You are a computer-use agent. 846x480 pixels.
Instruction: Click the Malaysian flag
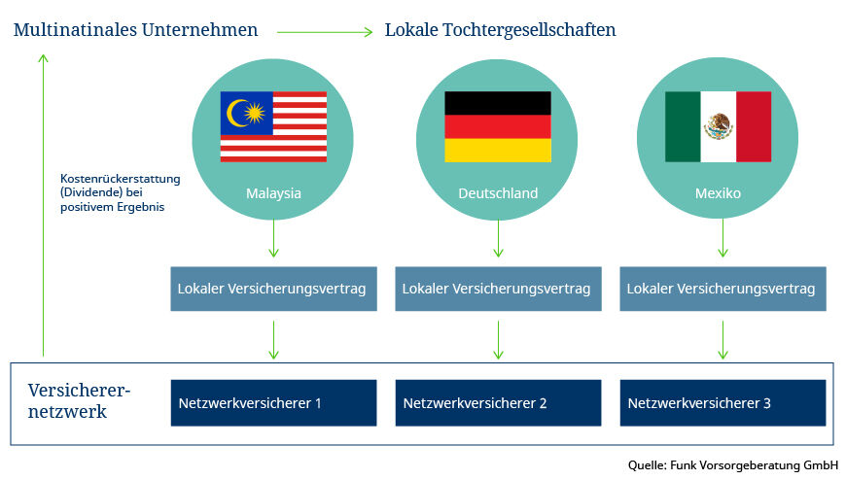click(x=273, y=126)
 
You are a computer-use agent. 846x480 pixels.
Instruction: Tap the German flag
click(x=498, y=126)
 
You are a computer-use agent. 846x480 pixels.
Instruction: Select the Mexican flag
click(x=719, y=126)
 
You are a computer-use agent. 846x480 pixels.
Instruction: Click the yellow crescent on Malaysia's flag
click(x=235, y=114)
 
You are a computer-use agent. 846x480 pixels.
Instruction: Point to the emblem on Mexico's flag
click(x=719, y=126)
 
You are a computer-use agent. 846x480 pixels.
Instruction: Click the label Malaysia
click(x=273, y=193)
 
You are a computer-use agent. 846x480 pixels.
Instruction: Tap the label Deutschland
click(x=498, y=193)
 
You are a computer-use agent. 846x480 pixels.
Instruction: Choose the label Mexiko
click(x=719, y=193)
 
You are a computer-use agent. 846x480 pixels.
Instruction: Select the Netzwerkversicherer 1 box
click(x=273, y=403)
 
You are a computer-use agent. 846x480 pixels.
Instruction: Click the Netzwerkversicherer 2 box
click(x=498, y=403)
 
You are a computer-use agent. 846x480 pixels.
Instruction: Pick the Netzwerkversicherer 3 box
click(x=723, y=403)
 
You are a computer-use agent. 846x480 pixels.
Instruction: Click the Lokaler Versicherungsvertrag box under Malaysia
click(x=273, y=289)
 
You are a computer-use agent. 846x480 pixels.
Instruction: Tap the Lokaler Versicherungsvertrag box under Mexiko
click(x=723, y=289)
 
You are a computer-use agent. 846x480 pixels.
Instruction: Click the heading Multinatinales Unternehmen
click(x=135, y=30)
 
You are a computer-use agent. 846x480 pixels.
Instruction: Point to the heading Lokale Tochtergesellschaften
click(x=500, y=30)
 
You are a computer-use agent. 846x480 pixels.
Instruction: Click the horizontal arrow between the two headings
click(x=325, y=32)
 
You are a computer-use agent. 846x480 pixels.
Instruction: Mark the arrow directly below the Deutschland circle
click(x=498, y=238)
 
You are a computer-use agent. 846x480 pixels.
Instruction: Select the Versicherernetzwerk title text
click(x=79, y=400)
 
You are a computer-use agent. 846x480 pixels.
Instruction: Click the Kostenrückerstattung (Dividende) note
click(x=121, y=192)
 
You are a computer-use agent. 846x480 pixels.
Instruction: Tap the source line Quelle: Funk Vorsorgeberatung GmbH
click(x=732, y=464)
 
